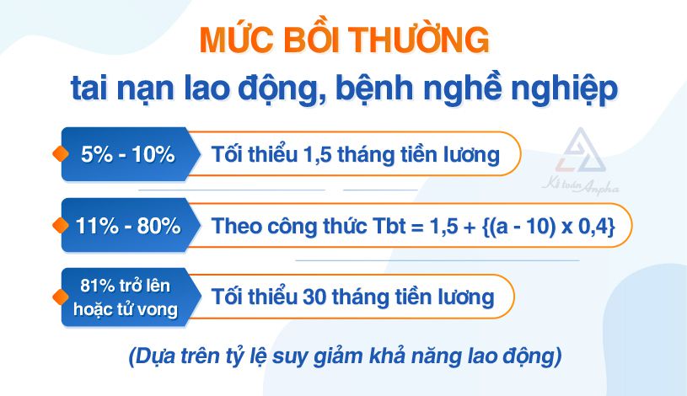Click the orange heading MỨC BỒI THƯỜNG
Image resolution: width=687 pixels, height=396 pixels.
(x=343, y=40)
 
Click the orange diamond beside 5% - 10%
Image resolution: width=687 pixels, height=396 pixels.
(x=59, y=154)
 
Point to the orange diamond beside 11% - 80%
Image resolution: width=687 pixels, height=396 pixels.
(x=59, y=226)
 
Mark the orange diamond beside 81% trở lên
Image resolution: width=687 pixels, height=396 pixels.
(x=59, y=297)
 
